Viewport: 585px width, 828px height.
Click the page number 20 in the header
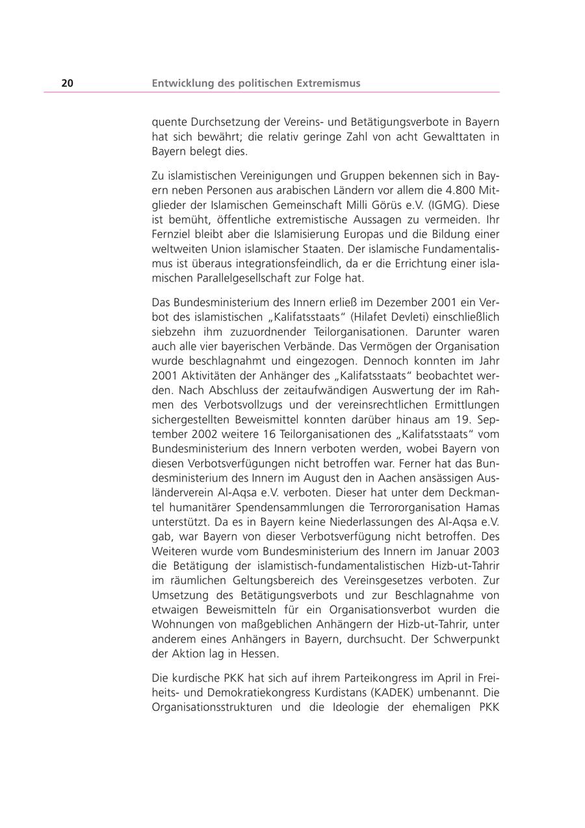point(68,83)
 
